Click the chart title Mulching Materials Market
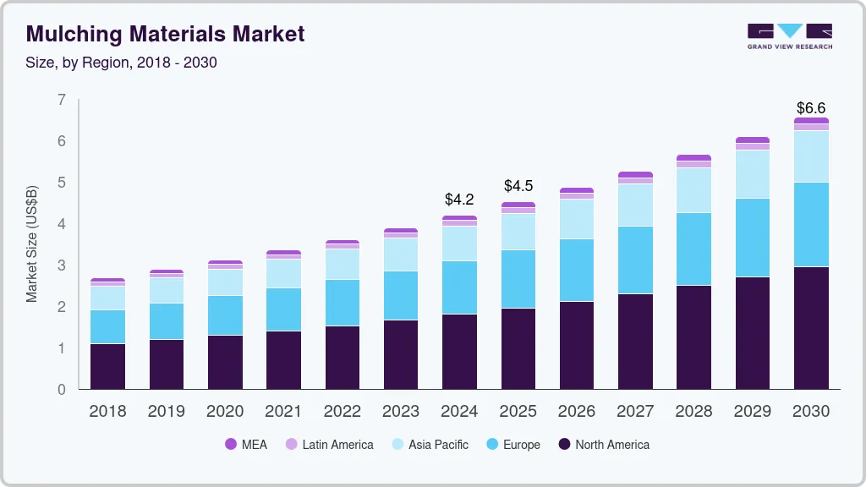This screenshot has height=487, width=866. coord(165,34)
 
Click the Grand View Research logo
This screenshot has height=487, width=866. coord(789,36)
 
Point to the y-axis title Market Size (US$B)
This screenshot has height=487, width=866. coord(32,243)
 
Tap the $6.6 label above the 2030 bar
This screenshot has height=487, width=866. coord(811,108)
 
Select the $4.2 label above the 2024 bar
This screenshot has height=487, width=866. coord(459,200)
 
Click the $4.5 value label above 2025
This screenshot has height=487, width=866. coord(518,185)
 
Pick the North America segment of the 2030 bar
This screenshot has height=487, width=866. coord(811,328)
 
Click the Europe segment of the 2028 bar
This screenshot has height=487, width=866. coord(693,249)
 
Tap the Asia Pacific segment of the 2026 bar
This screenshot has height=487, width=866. coord(577,219)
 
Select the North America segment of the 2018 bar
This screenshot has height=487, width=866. coord(107,366)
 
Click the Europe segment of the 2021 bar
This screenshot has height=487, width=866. coord(283,309)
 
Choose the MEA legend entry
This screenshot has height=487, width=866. coord(245,445)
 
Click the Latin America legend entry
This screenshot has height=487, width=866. coord(329,445)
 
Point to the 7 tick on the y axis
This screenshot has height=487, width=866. coord(61,100)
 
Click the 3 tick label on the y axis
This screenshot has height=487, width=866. coord(61,265)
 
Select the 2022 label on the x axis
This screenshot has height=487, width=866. coord(342,412)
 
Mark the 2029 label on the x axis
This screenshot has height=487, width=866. coord(753,412)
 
